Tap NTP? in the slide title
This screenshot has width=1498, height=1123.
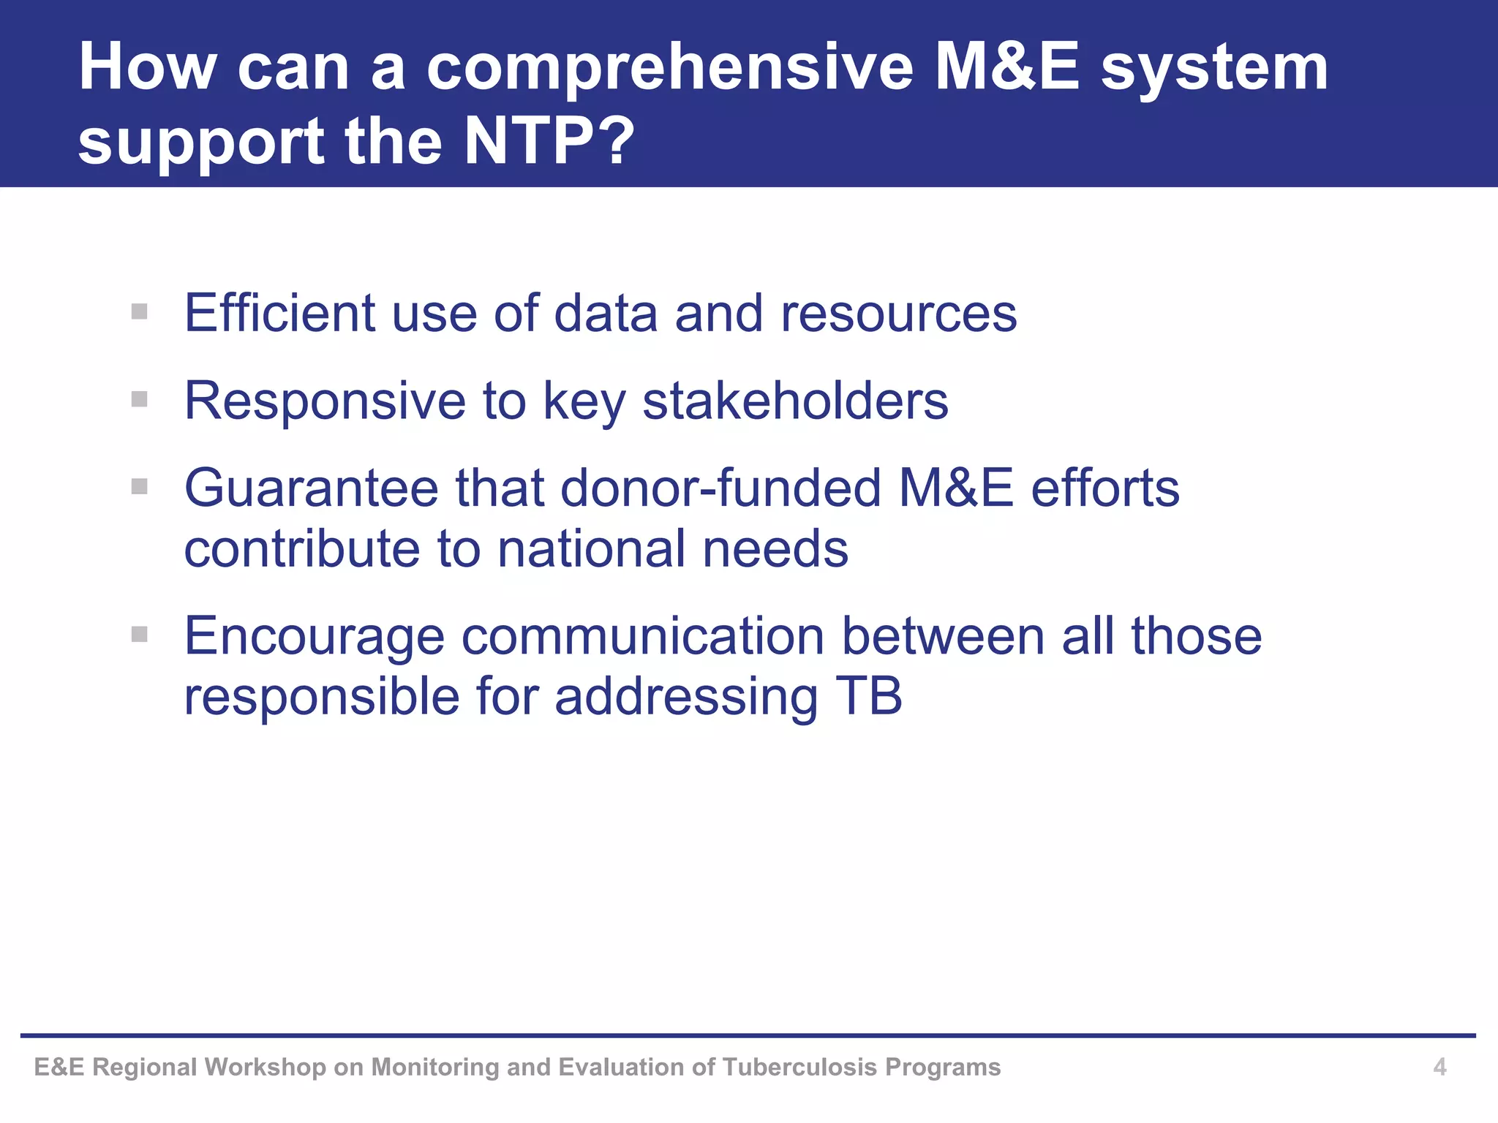click(549, 140)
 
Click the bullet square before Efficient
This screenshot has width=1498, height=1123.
click(140, 312)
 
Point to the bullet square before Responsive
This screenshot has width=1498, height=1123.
click(140, 399)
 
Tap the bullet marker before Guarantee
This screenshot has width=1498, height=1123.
click(140, 486)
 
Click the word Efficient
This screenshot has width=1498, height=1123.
click(279, 313)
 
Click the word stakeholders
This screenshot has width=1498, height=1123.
click(795, 401)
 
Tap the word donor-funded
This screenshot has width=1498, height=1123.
click(720, 488)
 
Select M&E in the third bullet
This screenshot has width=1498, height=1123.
click(956, 488)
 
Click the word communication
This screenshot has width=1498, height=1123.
click(643, 635)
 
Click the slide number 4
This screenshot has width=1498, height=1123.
click(1439, 1067)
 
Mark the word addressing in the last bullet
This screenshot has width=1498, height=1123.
click(685, 697)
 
